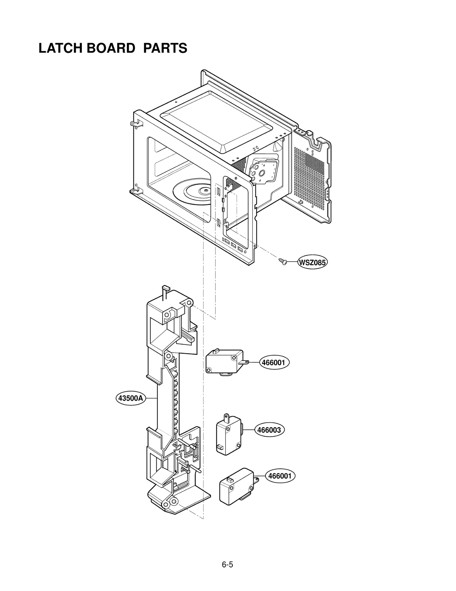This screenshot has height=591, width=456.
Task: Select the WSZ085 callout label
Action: point(312,262)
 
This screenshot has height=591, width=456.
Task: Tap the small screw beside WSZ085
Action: point(282,261)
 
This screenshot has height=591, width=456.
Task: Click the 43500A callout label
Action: point(130,398)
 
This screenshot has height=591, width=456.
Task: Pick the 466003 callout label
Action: point(269,438)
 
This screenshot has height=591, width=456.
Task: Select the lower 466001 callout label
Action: point(280,476)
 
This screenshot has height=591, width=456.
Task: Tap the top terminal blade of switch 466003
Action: point(227,417)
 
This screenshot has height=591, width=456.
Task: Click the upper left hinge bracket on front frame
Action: point(134,123)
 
